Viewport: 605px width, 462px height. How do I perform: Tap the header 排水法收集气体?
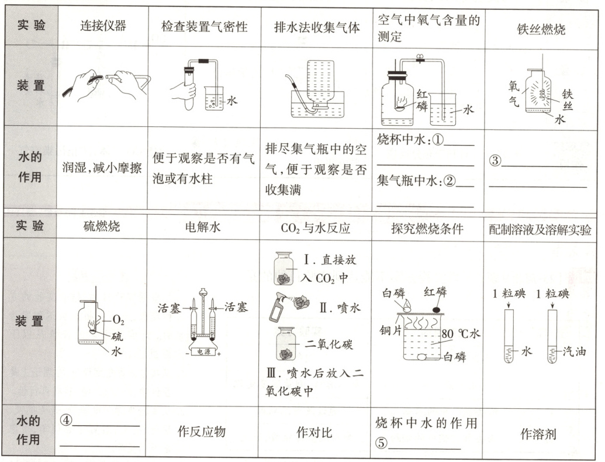tap(312, 27)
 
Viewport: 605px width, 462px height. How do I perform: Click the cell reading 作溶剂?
tap(541, 434)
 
